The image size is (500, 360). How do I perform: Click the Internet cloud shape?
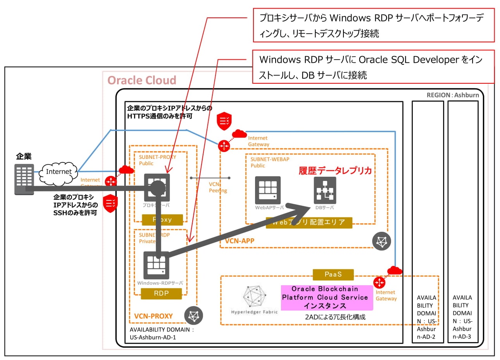click(59, 173)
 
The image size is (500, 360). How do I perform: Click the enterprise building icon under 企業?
click(24, 179)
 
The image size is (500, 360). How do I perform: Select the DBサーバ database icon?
click(325, 190)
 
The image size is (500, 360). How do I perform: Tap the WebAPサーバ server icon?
click(267, 190)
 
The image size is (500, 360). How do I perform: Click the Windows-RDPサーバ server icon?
click(156, 265)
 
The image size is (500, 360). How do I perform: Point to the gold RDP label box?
click(161, 294)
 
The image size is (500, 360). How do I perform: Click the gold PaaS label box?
click(333, 274)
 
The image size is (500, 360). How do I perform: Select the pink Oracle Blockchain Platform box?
click(327, 298)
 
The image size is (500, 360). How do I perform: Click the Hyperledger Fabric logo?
click(254, 296)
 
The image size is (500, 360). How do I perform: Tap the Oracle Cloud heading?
click(142, 80)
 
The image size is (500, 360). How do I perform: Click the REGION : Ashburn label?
click(453, 95)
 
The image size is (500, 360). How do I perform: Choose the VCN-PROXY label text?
click(153, 316)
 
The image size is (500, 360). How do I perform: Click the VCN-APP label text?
click(240, 241)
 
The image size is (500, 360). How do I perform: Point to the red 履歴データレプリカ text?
click(335, 171)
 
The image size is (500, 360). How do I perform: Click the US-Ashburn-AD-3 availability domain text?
click(462, 317)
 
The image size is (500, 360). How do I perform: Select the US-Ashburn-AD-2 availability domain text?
click(426, 317)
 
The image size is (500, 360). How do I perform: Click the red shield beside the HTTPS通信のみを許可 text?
click(224, 121)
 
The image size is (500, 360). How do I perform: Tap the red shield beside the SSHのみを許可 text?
click(110, 203)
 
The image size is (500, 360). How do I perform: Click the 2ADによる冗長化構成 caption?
click(335, 317)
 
